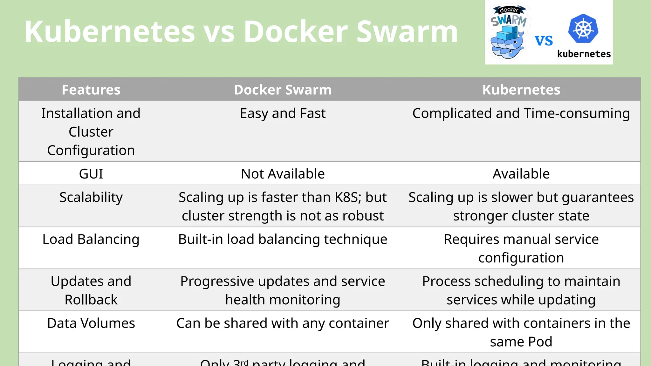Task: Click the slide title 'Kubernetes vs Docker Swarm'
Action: point(241,32)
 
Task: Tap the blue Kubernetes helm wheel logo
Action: point(583,29)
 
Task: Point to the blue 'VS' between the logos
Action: point(544,41)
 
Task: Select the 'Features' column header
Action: point(91,90)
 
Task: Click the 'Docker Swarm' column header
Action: point(283,90)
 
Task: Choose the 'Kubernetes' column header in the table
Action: point(521,90)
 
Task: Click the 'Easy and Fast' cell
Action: point(283,113)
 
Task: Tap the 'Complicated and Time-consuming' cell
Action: point(521,113)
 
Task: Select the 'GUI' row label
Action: point(91,174)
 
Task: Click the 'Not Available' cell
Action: point(283,174)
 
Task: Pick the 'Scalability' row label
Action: point(91,197)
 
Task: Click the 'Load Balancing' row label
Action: point(91,239)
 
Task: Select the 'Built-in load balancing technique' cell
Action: point(283,239)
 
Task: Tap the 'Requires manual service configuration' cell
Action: point(521,248)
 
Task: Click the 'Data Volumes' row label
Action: point(91,323)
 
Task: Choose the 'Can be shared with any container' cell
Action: point(283,323)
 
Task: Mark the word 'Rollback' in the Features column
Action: point(91,300)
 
